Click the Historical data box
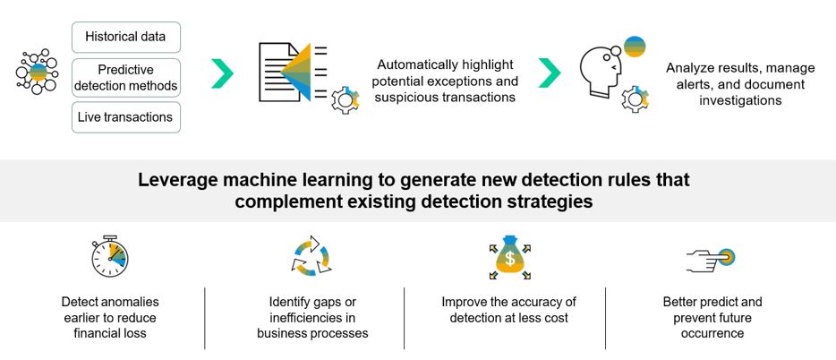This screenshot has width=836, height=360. coord(125,37)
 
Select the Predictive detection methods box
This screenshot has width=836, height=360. coord(125,78)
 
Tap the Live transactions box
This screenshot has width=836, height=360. coord(125,117)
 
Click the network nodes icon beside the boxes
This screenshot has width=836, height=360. coord(37,73)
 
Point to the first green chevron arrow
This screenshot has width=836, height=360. coord(222,73)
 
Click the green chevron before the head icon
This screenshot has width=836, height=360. coord(549,73)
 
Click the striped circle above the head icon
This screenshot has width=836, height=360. coord(635,46)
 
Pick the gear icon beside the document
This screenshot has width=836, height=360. coord(344,100)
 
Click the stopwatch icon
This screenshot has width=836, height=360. coord(110,256)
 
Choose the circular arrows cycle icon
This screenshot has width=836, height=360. coord(311,255)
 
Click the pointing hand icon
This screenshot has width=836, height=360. coord(712,258)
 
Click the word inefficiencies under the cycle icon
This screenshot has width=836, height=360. coord(312,318)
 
